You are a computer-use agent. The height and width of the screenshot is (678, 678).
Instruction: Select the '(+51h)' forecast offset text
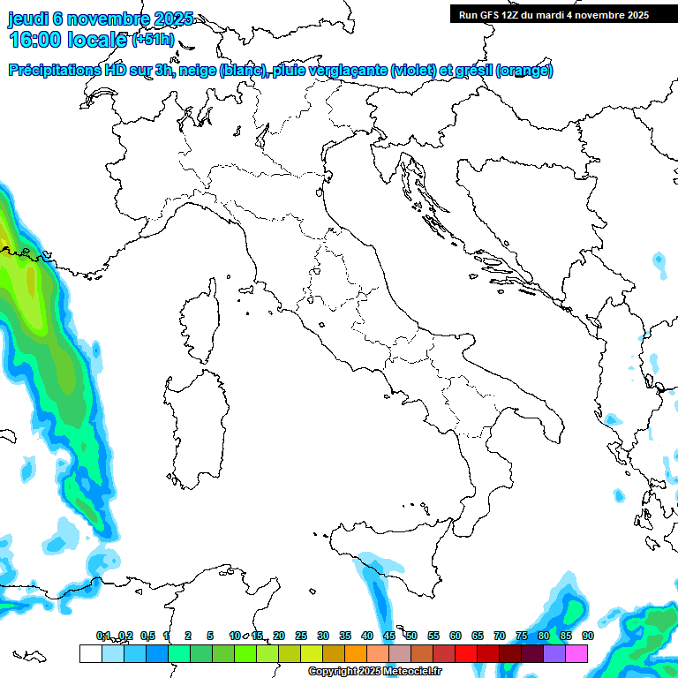click(x=154, y=40)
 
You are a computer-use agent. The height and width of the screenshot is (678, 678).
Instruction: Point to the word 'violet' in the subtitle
click(x=412, y=71)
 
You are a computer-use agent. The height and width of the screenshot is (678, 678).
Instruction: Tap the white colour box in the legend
click(x=90, y=653)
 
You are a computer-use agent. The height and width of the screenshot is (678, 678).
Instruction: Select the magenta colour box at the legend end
click(x=576, y=653)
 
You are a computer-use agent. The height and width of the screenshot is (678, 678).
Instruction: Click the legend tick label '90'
click(x=587, y=636)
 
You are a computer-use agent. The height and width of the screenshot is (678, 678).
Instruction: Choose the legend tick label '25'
click(x=301, y=636)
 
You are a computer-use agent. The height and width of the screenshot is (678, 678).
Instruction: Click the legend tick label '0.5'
click(x=147, y=636)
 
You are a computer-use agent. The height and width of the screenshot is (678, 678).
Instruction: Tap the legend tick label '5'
click(x=210, y=636)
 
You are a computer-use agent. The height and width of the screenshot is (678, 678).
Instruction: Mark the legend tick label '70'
click(x=500, y=636)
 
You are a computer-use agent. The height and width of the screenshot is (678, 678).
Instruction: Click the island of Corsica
click(x=201, y=322)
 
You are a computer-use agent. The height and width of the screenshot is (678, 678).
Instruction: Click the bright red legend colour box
click(x=466, y=653)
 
